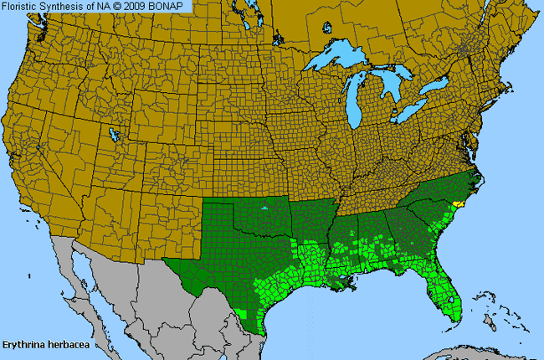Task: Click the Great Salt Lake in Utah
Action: tap(113, 133)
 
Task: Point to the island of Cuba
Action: tap(469, 352)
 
